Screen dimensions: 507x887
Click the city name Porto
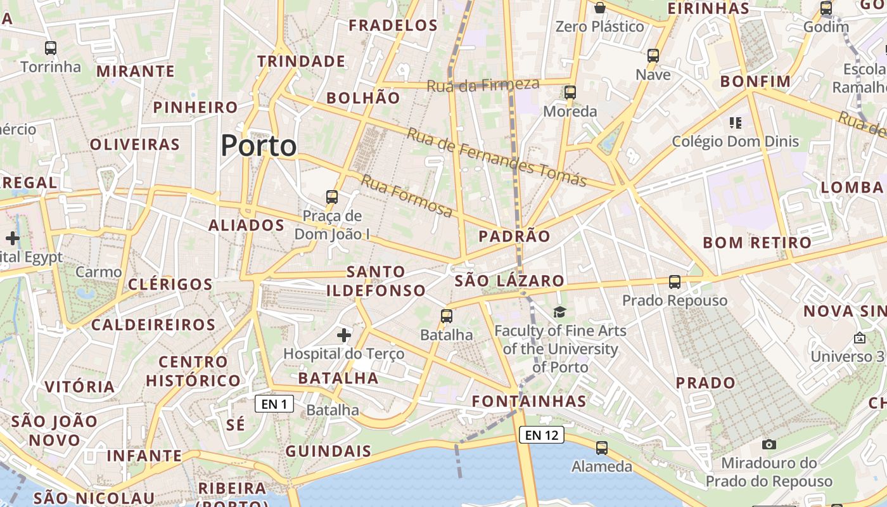tap(258, 146)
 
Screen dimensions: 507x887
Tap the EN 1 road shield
tap(274, 404)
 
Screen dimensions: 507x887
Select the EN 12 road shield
tap(542, 435)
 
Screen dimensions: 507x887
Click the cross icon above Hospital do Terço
tap(344, 335)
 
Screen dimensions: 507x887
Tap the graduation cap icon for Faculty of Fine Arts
tap(559, 311)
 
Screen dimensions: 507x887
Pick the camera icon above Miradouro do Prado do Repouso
tap(769, 444)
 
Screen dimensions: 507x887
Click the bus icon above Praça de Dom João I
tap(332, 196)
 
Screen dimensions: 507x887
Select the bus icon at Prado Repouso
tap(675, 281)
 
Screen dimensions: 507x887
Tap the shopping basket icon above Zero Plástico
tap(599, 8)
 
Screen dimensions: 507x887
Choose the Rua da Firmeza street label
tap(483, 84)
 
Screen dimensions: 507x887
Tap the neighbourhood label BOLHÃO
tap(363, 98)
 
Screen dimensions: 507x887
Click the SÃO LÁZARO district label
tap(509, 280)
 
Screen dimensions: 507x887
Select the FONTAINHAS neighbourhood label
tap(529, 401)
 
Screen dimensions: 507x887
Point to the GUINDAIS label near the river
tap(328, 451)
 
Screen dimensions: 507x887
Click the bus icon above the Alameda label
tap(602, 447)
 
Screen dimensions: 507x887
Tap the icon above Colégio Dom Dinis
tap(736, 122)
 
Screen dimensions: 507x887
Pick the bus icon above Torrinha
tap(51, 48)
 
